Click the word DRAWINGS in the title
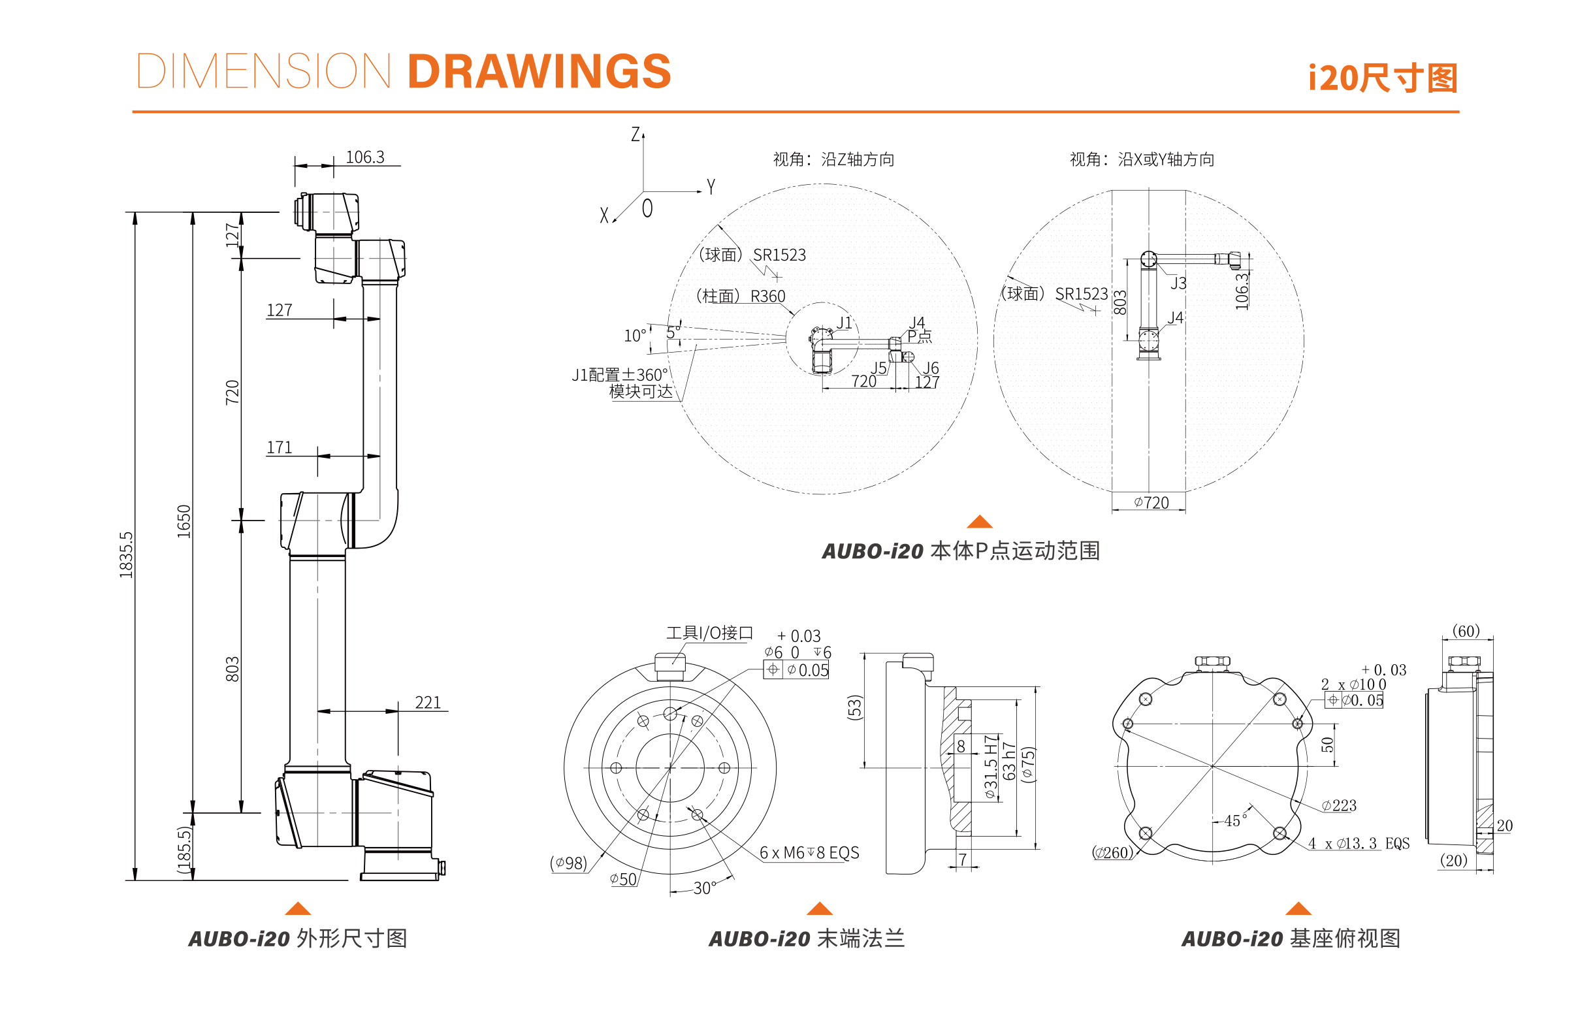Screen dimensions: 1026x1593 click(538, 71)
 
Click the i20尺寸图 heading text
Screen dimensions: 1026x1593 click(1383, 78)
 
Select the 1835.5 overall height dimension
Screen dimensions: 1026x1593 click(126, 554)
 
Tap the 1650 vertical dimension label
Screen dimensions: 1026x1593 click(184, 522)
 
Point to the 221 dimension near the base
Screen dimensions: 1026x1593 click(428, 703)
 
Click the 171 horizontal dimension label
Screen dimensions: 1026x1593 click(279, 448)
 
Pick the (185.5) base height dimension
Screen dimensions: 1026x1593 click(184, 850)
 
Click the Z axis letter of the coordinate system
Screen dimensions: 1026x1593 click(635, 135)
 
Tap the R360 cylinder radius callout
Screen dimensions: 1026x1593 click(767, 297)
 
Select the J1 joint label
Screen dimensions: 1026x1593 click(844, 323)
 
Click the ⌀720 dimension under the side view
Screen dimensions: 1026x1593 click(1151, 503)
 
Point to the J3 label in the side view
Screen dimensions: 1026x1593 click(1178, 283)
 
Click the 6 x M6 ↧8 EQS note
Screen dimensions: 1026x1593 click(809, 853)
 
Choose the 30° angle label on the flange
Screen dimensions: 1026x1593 click(704, 888)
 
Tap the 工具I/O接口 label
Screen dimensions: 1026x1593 click(709, 633)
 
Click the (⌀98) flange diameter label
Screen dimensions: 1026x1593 click(568, 863)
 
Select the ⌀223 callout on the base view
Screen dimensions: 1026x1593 click(1338, 805)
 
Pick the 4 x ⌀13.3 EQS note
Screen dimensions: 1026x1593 click(1359, 843)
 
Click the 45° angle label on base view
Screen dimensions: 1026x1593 click(1234, 821)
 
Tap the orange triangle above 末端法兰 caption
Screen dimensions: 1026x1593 click(820, 908)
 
